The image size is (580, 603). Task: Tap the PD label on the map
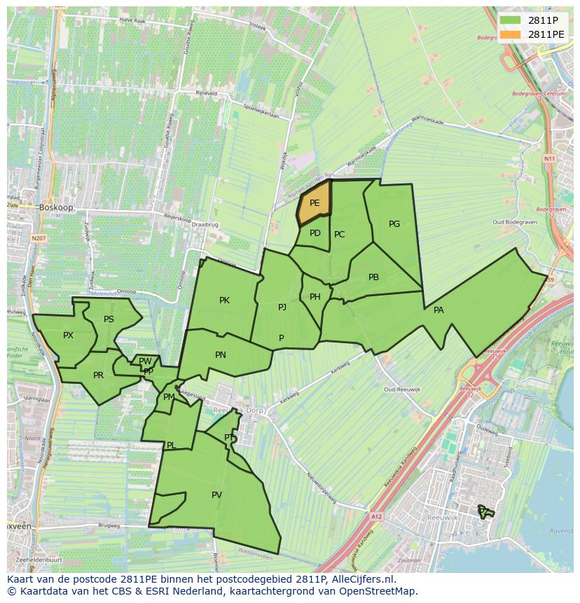pos(315,233)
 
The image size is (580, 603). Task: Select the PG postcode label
pos(394,224)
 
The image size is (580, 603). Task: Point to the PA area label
pos(439,310)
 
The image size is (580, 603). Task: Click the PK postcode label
pos(224,300)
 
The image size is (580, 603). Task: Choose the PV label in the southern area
pos(216,495)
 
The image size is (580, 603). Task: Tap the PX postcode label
pos(68,335)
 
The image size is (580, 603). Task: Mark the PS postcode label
pos(109,319)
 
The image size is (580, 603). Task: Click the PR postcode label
pos(98,375)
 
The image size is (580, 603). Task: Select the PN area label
pos(221,355)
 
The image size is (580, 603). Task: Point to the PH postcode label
pos(315,297)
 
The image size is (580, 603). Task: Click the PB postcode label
pos(373,277)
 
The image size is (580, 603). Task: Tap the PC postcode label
pos(340,235)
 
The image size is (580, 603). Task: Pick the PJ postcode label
pos(282,307)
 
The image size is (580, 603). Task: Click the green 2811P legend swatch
pos(511,20)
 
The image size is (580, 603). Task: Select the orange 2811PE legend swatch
pos(511,34)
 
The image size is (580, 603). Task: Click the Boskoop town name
pos(56,207)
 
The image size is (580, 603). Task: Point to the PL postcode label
pos(171,445)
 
